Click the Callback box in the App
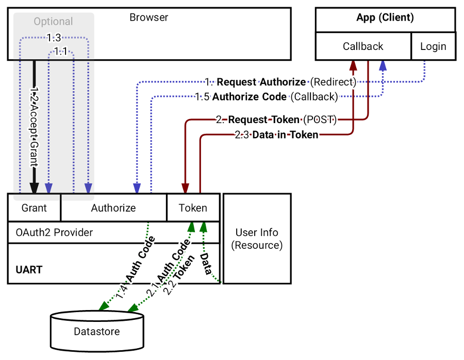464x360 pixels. [x=363, y=46]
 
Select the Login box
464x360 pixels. [x=433, y=46]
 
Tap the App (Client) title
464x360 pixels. [x=385, y=18]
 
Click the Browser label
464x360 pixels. [x=148, y=18]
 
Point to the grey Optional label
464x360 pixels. [x=53, y=22]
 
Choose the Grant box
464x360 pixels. [x=34, y=208]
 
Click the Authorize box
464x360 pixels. [x=113, y=208]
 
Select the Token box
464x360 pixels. [x=193, y=208]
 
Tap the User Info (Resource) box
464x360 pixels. [x=257, y=238]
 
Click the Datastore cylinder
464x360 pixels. [x=96, y=331]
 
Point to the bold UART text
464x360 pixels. [x=29, y=269]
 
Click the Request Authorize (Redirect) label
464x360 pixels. [x=280, y=82]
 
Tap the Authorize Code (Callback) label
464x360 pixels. [x=266, y=96]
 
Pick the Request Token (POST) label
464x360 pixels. [x=276, y=120]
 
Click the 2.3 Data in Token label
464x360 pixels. [x=276, y=135]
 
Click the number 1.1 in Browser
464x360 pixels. [x=61, y=52]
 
